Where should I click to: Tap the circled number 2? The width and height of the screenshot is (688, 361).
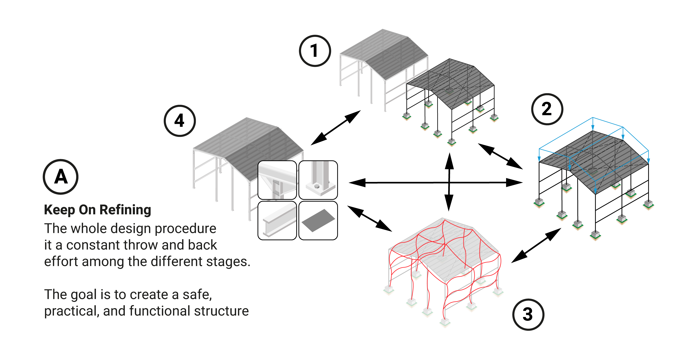[547, 109]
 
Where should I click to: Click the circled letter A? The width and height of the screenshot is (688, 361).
[61, 177]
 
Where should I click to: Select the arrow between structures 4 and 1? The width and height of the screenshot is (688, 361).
[336, 128]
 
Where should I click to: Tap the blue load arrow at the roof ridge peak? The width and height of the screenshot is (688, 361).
[593, 124]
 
